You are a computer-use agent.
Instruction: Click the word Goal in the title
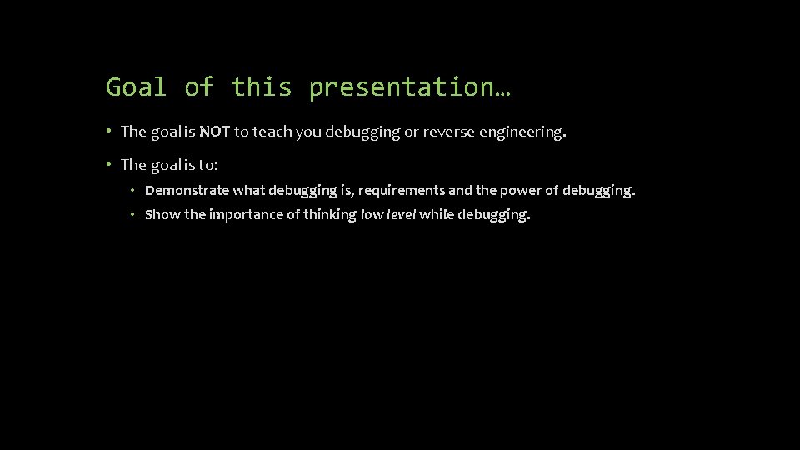click(136, 87)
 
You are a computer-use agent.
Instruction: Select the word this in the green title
click(261, 87)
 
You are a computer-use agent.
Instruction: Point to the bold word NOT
click(214, 131)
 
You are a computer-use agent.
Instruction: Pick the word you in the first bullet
click(310, 131)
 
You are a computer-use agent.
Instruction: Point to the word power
click(519, 190)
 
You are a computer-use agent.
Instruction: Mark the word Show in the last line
click(162, 214)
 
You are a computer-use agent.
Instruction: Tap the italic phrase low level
click(387, 214)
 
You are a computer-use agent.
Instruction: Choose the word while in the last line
click(435, 214)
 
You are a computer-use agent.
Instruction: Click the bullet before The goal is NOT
click(109, 131)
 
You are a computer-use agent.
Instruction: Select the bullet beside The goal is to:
click(109, 164)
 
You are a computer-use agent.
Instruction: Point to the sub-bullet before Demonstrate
click(132, 190)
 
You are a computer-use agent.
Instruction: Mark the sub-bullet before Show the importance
click(132, 214)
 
